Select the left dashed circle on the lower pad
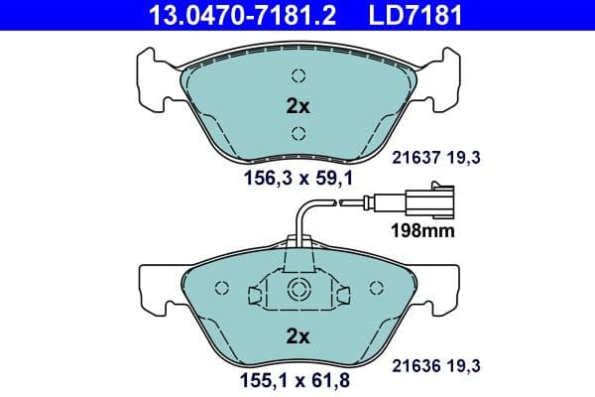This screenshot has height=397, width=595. [x=223, y=289]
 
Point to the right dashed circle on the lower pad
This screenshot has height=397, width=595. [x=376, y=289]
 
